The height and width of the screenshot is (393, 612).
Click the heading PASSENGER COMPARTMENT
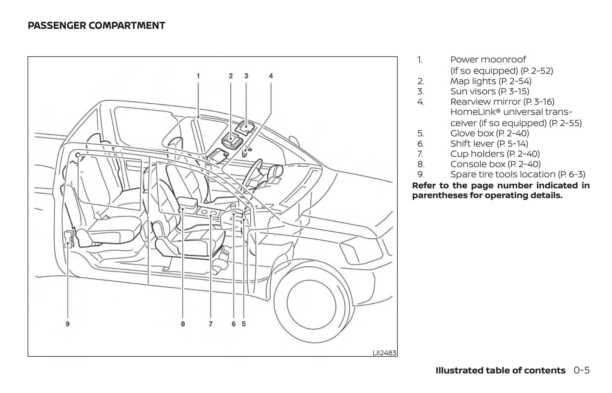(96, 26)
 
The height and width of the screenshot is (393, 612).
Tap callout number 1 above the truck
(198, 76)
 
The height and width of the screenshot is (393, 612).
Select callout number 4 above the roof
(271, 76)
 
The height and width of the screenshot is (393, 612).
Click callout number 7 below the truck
(210, 324)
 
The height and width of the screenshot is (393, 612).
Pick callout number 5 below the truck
(244, 324)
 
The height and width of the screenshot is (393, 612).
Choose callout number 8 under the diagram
(183, 324)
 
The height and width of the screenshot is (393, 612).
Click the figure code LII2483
(385, 352)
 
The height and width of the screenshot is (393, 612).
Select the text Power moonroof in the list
(488, 60)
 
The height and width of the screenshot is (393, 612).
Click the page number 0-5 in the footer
(582, 371)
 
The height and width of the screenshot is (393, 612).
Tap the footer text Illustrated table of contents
(501, 371)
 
